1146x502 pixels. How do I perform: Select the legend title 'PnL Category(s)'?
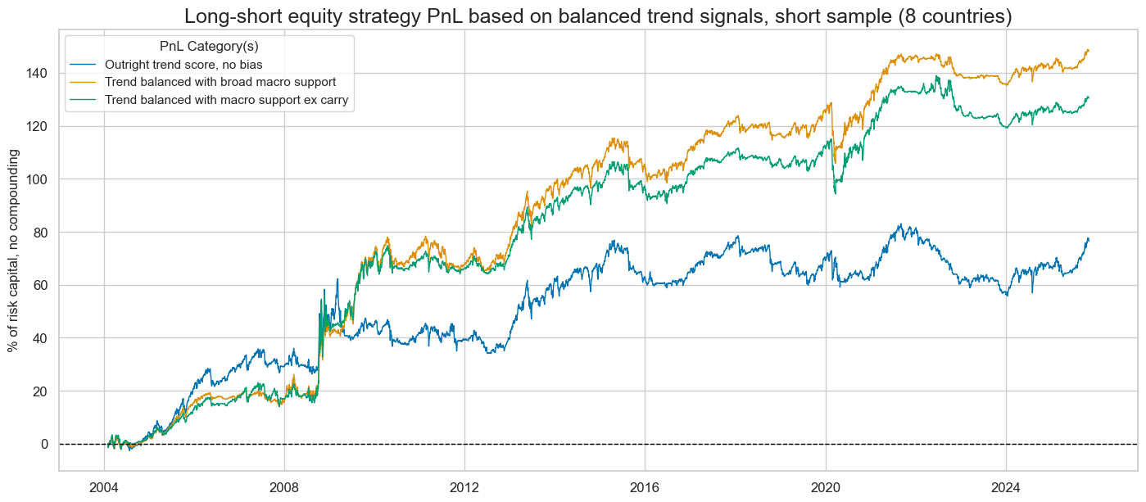coord(209,47)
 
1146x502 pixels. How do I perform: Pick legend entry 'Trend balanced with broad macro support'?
coord(220,82)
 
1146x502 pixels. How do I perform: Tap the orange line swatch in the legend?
coord(84,82)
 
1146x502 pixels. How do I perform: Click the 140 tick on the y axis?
coord(39,73)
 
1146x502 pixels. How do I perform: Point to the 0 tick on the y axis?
coord(45,444)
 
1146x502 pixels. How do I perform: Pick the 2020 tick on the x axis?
coord(825,482)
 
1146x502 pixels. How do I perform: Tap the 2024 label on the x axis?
coord(1005,482)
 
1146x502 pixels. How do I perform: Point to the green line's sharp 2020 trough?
coord(835,193)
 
